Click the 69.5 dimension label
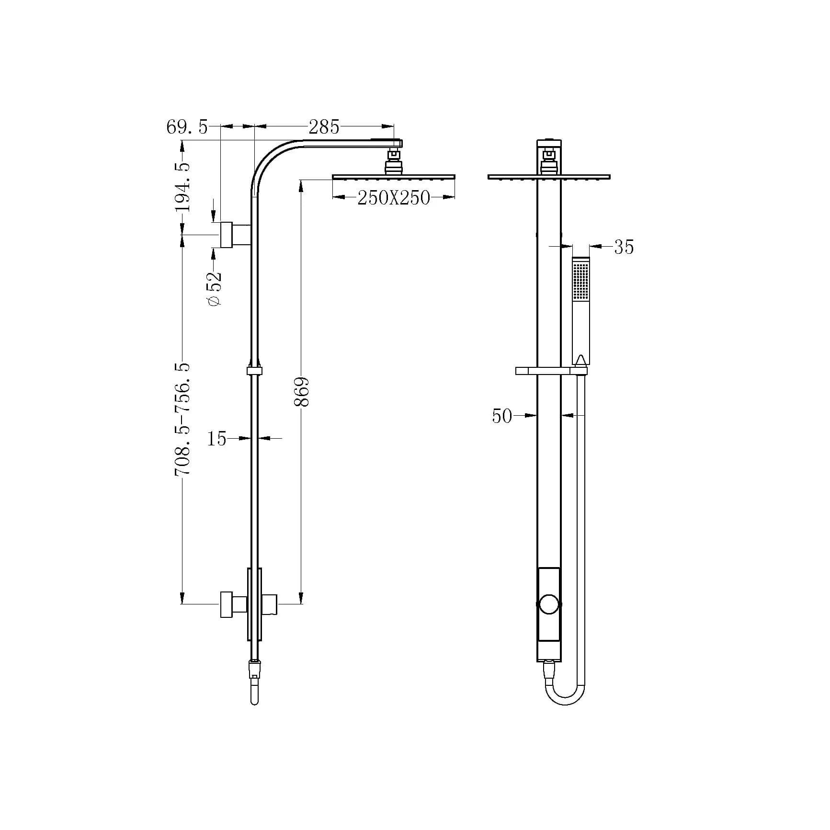[187, 127]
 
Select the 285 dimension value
[324, 127]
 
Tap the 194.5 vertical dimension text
[182, 187]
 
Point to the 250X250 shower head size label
[394, 198]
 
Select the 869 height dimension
[302, 392]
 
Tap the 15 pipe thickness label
[216, 439]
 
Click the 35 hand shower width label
[624, 248]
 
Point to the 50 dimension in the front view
[502, 416]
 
